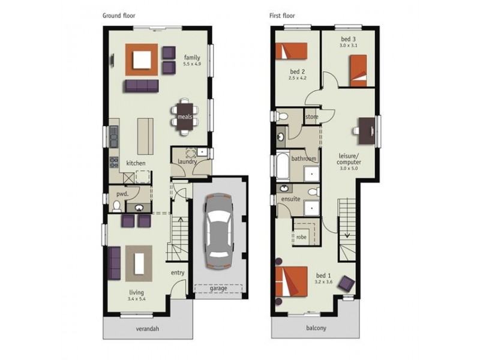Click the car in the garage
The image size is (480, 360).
pyautogui.click(x=219, y=231)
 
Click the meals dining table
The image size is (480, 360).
pyautogui.click(x=184, y=117)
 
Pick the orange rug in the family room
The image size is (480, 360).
pyautogui.click(x=142, y=60)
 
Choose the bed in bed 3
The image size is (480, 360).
pyautogui.click(x=358, y=69)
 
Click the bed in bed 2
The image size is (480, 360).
pyautogui.click(x=291, y=50)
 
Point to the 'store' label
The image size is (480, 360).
pyautogui.click(x=311, y=116)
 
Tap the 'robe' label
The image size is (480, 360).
pyautogui.click(x=301, y=237)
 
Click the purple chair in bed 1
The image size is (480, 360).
pyautogui.click(x=346, y=282)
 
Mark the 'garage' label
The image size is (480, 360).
pyautogui.click(x=218, y=288)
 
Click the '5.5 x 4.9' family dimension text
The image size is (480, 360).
pyautogui.click(x=192, y=63)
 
